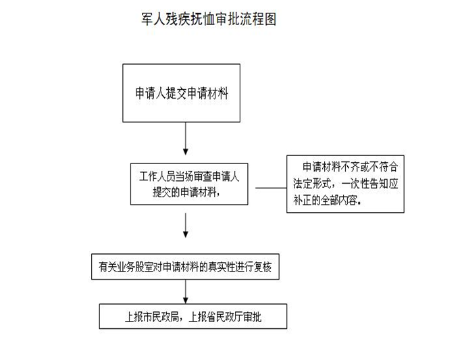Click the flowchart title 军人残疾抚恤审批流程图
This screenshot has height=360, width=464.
[209, 19]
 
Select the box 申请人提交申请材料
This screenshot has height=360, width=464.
[182, 93]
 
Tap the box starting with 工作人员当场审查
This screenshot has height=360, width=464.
[189, 184]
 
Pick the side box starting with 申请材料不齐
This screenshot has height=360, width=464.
[345, 184]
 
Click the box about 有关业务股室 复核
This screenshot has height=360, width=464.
[185, 267]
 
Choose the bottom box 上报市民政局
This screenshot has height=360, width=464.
[193, 316]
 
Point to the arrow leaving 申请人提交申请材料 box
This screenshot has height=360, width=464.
[186, 138]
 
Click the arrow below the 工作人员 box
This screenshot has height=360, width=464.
[186, 225]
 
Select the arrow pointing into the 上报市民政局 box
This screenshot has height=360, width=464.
[186, 292]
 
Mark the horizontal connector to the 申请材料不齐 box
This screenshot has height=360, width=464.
[271, 188]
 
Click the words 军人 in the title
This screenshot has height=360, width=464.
[153, 19]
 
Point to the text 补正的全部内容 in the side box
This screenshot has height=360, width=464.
[325, 201]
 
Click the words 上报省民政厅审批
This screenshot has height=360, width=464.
[225, 317]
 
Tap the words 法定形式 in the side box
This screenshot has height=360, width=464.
[312, 184]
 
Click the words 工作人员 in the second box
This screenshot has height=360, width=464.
[157, 176]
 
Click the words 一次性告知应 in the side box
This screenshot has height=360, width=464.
[370, 184]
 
